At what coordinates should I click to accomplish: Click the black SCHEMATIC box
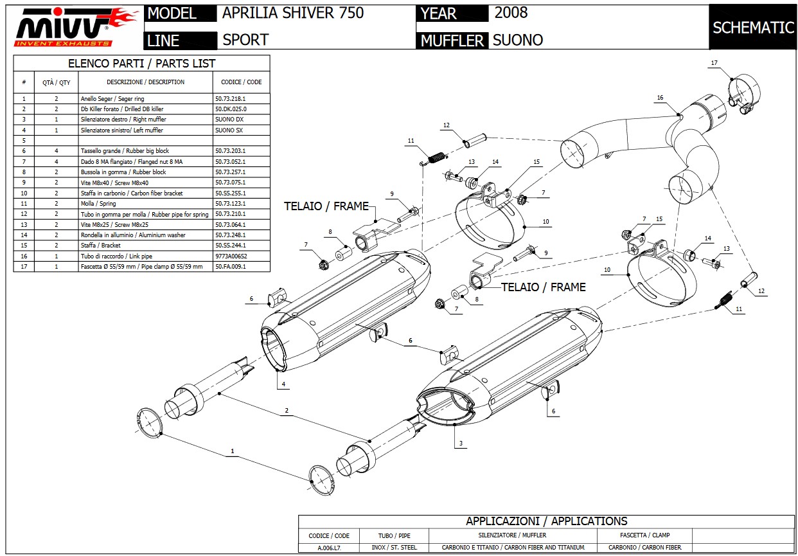click(753, 27)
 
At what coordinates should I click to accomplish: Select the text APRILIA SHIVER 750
click(293, 13)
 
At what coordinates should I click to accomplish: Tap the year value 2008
click(511, 12)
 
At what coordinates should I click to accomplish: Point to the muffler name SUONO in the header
click(517, 40)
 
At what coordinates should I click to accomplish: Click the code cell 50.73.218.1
click(231, 99)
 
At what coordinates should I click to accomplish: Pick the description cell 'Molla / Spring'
click(98, 204)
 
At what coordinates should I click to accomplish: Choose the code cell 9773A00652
click(231, 256)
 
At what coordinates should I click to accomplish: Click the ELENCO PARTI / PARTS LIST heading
click(142, 64)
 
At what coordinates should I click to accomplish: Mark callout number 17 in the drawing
click(714, 63)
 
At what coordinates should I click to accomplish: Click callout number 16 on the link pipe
click(660, 98)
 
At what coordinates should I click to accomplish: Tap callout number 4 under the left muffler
click(282, 384)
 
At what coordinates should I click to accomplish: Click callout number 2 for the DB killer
click(286, 410)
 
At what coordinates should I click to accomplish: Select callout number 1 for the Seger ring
click(233, 452)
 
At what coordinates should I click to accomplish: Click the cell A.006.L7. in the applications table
click(329, 548)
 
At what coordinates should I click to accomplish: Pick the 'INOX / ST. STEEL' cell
click(394, 548)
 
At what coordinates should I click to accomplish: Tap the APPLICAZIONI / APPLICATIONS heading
click(546, 521)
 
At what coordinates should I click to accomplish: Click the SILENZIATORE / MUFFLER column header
click(512, 535)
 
